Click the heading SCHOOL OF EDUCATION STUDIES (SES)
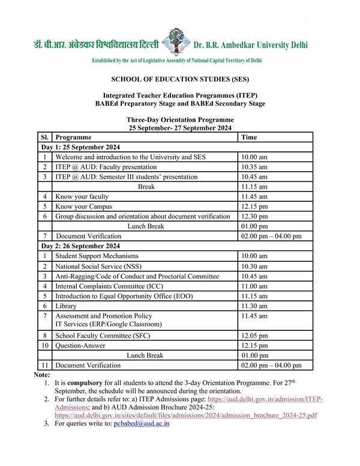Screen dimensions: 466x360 pyautogui.click(x=180, y=79)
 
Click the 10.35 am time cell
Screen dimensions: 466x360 pyautogui.click(x=254, y=167)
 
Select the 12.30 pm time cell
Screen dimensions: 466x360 pyautogui.click(x=254, y=216)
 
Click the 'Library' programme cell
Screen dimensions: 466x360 pyautogui.click(x=66, y=306)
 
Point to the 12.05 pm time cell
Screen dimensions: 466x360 pyautogui.click(x=254, y=336)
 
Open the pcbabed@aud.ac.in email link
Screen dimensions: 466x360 pyautogui.click(x=142, y=423)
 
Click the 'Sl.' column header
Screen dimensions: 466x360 pyautogui.click(x=45, y=138)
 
